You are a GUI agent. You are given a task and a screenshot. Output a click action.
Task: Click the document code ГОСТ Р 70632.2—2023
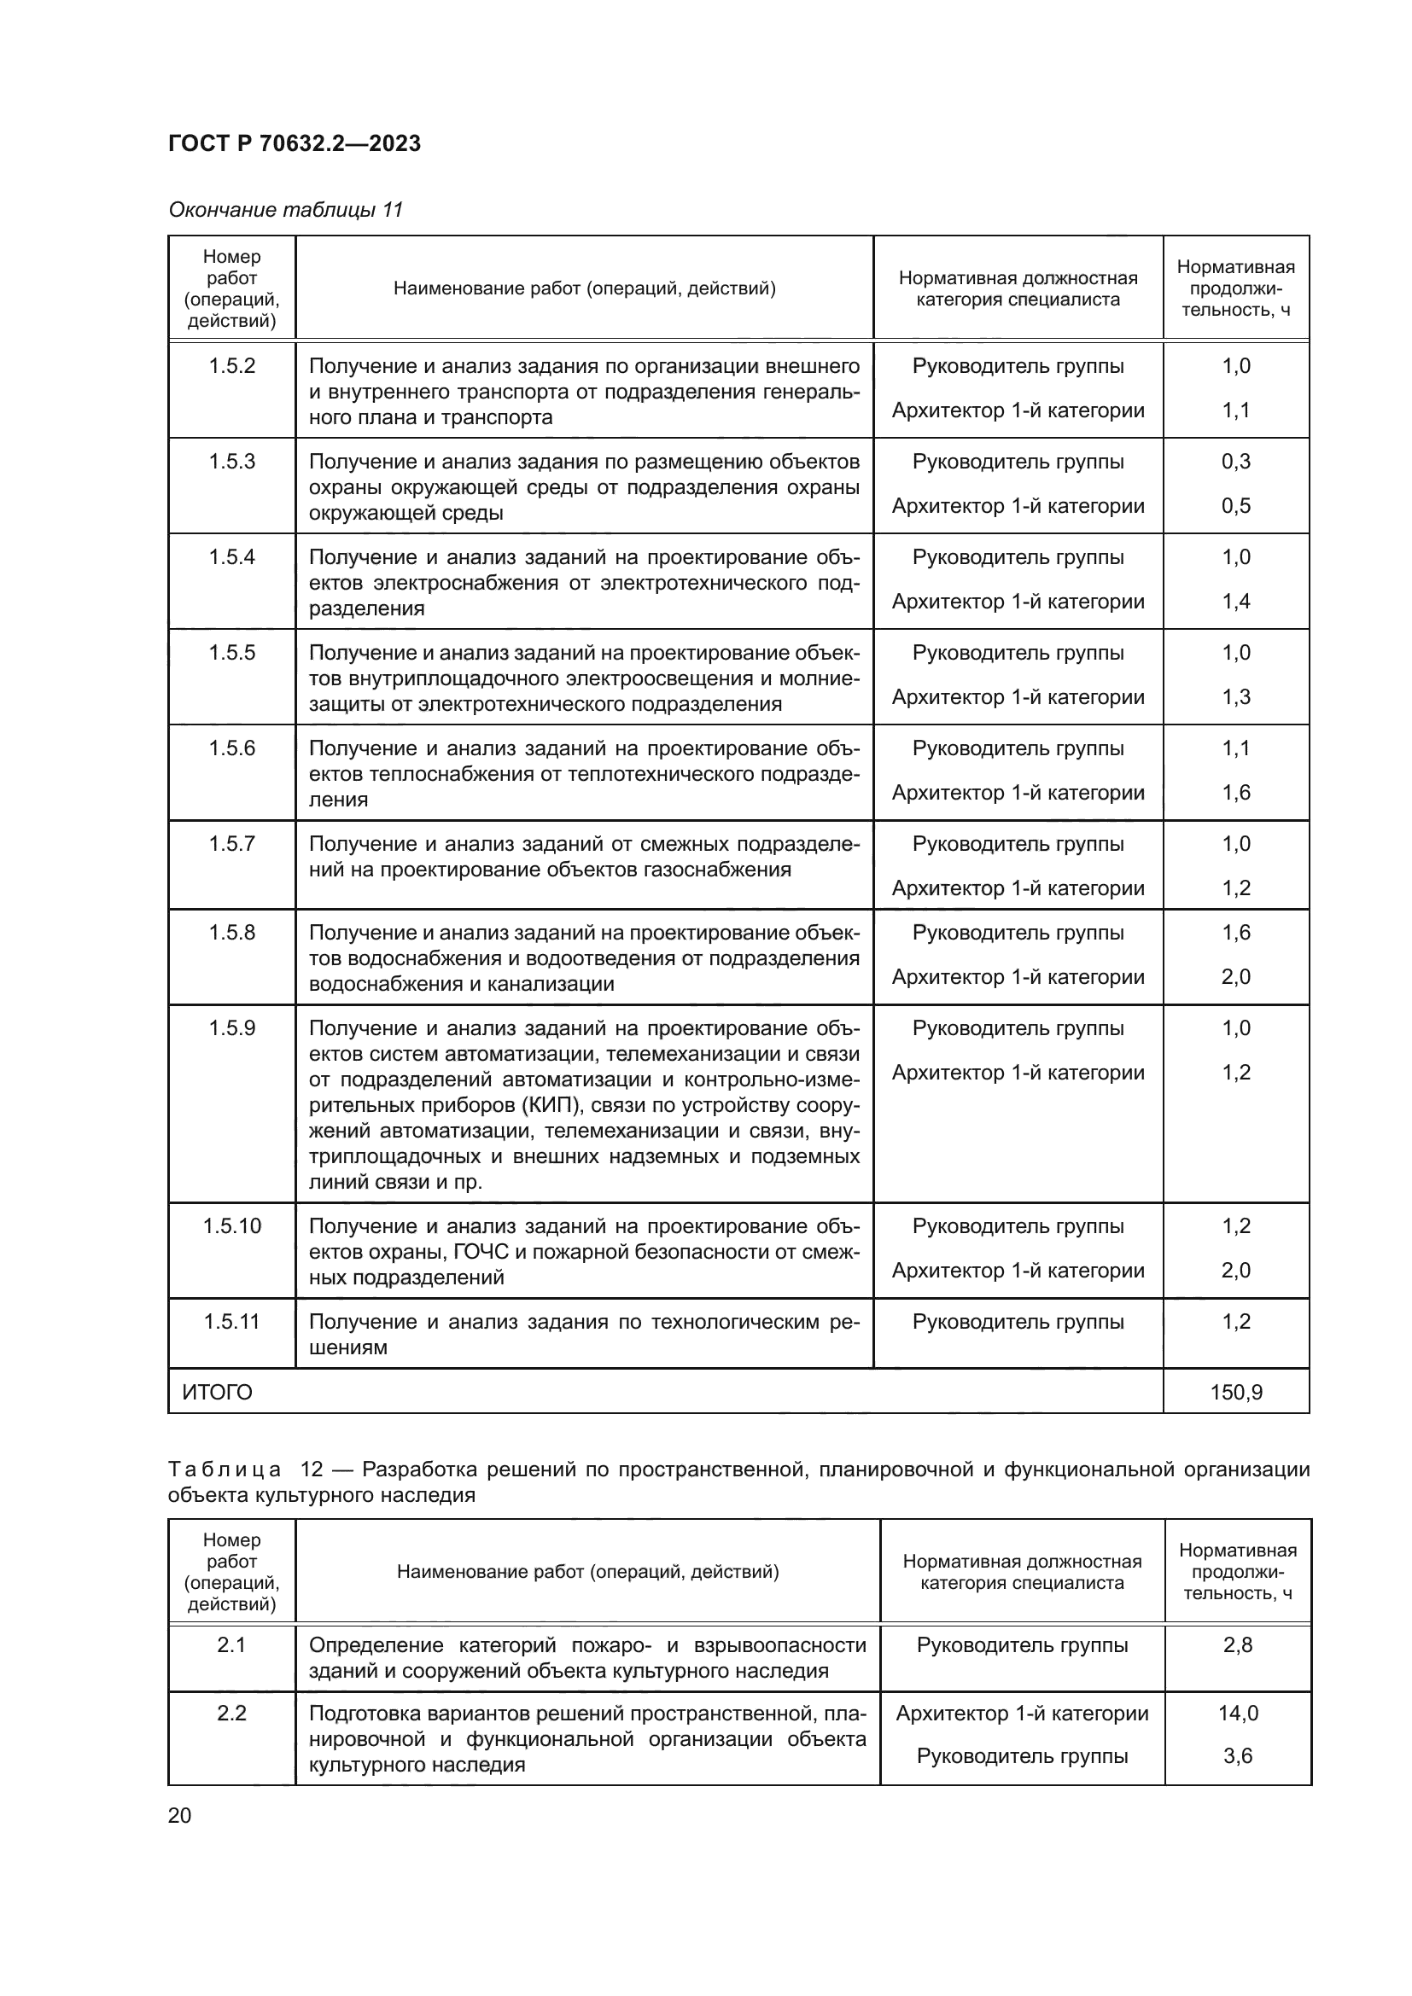point(294,143)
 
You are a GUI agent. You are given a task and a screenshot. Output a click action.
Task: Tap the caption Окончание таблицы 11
point(285,210)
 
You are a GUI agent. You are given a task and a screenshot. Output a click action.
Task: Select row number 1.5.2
point(231,366)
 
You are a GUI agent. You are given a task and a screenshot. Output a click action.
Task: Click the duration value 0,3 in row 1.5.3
point(1235,462)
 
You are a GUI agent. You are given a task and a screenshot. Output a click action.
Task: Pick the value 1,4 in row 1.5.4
point(1235,602)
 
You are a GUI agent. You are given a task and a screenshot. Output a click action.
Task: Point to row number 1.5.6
point(231,748)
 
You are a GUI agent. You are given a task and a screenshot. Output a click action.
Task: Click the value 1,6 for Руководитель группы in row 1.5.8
point(1235,933)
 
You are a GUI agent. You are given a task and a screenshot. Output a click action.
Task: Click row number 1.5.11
point(231,1321)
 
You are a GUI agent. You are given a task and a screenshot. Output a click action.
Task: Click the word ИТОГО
point(218,1393)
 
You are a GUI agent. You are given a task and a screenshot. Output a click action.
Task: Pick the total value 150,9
point(1235,1393)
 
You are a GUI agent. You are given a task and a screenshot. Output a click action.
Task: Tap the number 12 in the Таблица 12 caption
point(312,1469)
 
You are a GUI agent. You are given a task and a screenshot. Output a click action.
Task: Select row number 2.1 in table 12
point(231,1644)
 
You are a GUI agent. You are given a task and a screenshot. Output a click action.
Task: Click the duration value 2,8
point(1237,1644)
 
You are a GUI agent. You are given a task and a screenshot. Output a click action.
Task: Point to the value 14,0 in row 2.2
point(1237,1714)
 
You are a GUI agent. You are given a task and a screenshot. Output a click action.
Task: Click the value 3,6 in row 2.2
point(1237,1756)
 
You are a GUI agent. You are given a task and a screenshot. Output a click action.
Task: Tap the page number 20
point(179,1815)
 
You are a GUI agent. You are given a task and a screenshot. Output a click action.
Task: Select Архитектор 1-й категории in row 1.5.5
point(1018,697)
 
